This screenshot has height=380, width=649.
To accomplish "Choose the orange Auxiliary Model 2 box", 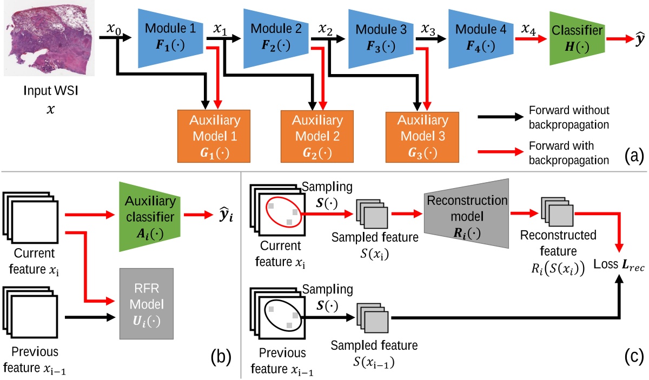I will (317, 136).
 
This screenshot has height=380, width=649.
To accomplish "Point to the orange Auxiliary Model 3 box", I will (422, 136).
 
